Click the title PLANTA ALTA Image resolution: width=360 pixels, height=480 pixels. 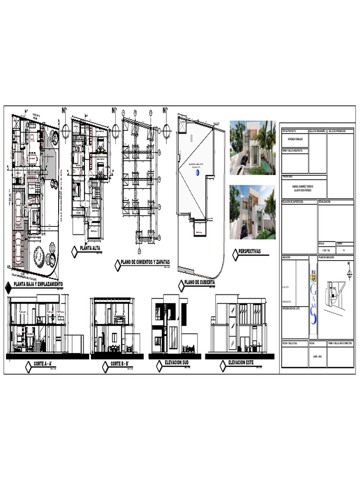click(x=90, y=248)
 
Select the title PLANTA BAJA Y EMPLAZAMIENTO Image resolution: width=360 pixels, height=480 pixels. click(x=38, y=284)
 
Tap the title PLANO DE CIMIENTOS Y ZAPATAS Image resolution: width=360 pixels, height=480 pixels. click(x=145, y=261)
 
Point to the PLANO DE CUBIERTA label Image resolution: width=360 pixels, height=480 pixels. click(x=199, y=282)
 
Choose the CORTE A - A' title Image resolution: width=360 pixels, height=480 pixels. click(x=45, y=364)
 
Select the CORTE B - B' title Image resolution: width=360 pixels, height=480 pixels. click(x=122, y=364)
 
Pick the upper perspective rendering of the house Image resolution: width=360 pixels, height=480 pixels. click(x=252, y=148)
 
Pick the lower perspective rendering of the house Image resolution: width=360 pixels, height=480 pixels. click(x=252, y=212)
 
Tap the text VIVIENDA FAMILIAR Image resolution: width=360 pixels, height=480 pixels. click(x=295, y=140)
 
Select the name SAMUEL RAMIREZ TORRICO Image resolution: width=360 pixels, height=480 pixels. click(x=303, y=187)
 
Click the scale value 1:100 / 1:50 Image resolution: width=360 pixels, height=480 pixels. click(x=327, y=251)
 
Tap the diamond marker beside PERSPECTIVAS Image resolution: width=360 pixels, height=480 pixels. click(x=235, y=255)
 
